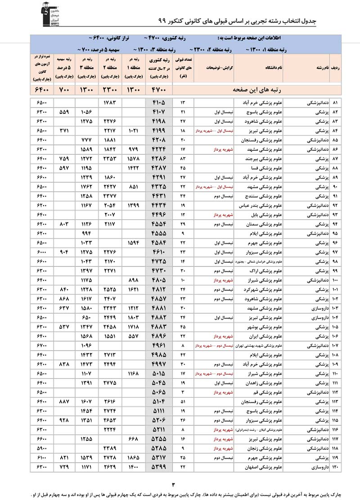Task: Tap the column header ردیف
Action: coord(337,68)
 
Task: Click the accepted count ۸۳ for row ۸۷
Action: coord(183,159)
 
